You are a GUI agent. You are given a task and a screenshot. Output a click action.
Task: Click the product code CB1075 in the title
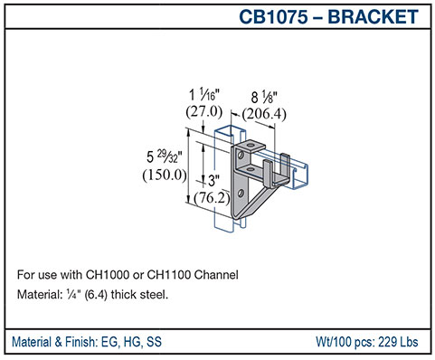pyautogui.click(x=276, y=16)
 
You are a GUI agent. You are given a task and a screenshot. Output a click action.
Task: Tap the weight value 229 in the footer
pyautogui.click(x=387, y=342)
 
